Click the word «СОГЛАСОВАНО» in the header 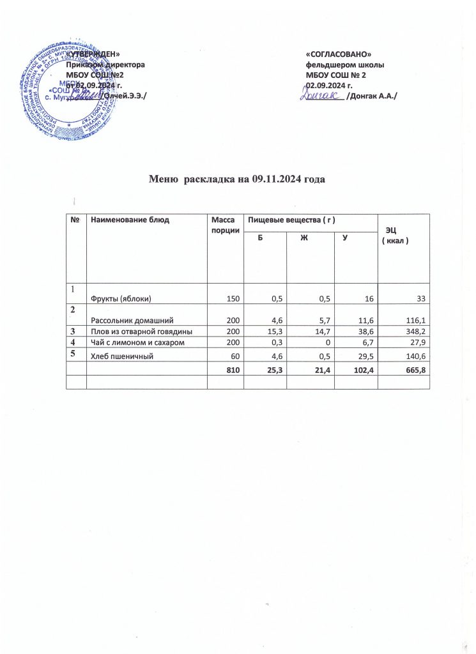point(339,55)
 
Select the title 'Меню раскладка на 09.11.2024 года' point(238,179)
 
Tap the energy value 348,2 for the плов point(413,332)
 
